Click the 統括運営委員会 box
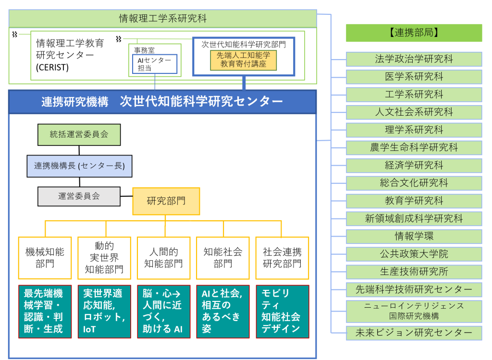79,134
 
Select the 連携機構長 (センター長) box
79,166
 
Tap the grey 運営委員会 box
79,196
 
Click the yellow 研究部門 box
166,201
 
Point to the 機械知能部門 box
45,258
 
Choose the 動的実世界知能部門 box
104,258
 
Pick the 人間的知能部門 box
163,258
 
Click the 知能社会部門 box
223,258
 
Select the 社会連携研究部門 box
283,258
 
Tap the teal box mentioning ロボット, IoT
104,312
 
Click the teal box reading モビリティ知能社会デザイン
283,312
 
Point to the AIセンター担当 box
155,64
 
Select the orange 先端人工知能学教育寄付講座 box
244,60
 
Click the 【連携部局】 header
414,33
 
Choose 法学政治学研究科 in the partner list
414,59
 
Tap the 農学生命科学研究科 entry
414,148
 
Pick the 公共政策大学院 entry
414,254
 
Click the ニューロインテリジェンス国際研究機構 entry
414,312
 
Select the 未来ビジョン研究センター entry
414,333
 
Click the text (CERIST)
52,67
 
